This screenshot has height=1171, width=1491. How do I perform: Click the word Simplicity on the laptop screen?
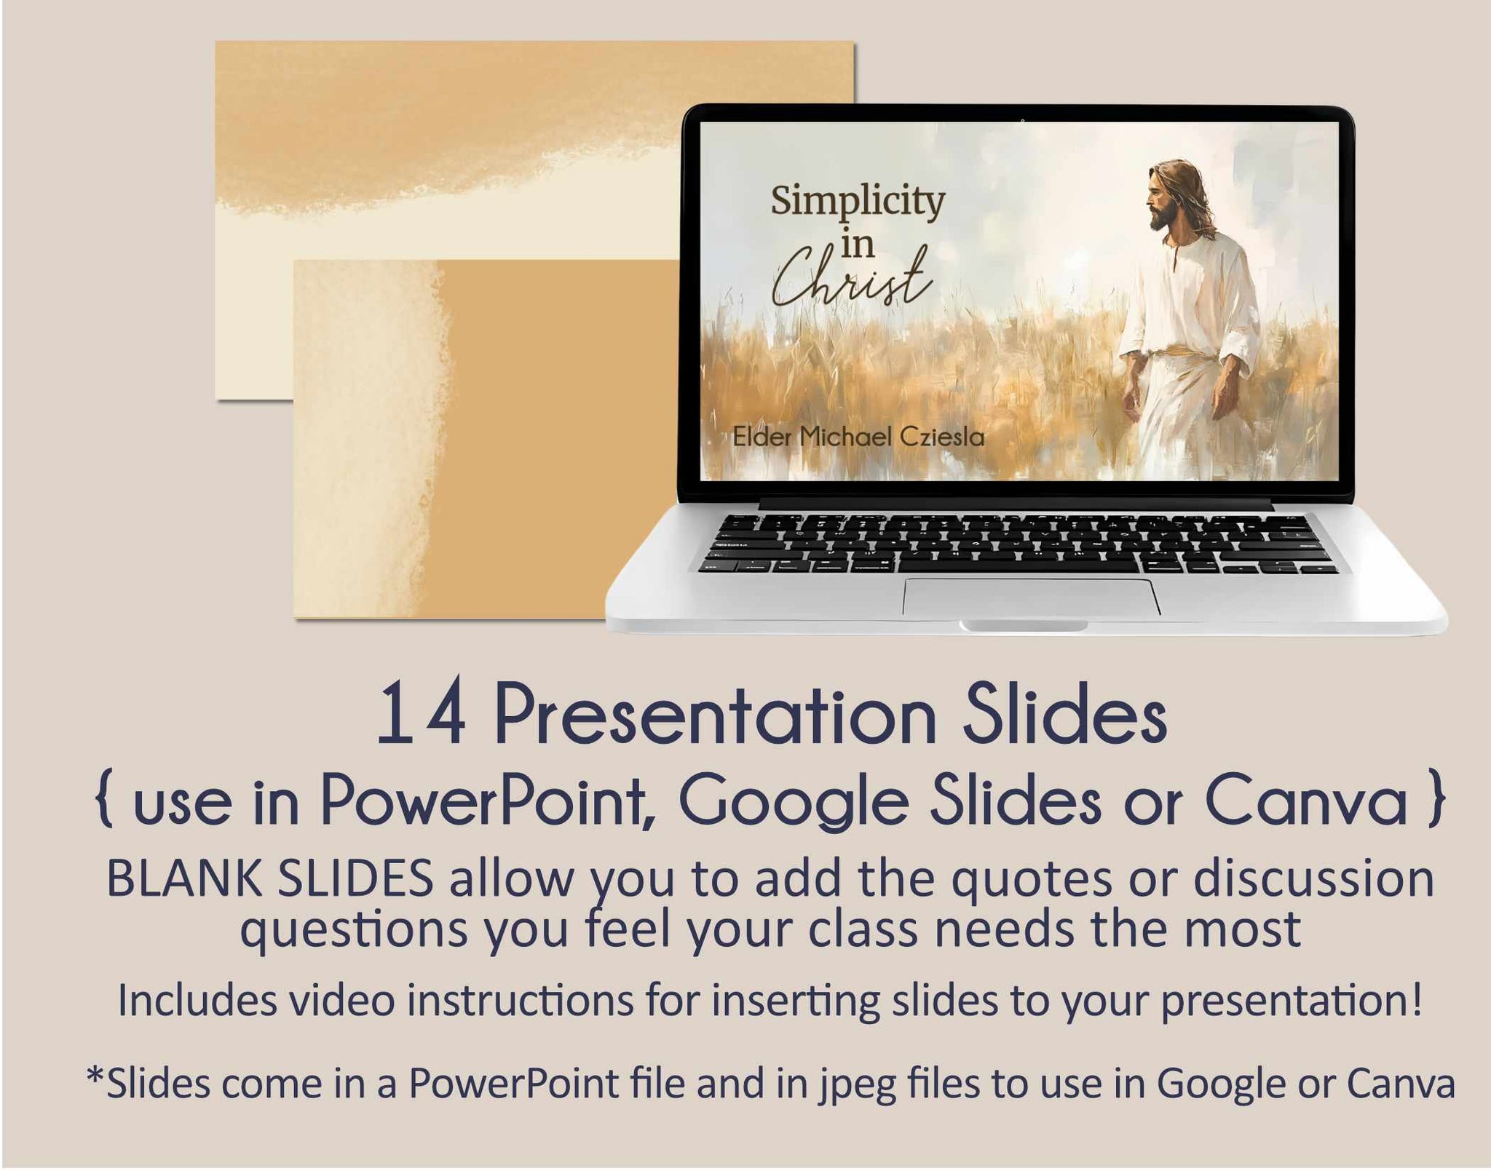[x=858, y=202]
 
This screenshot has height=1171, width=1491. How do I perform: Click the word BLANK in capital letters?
[x=185, y=878]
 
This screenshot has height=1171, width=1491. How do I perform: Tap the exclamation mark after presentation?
[x=1415, y=1000]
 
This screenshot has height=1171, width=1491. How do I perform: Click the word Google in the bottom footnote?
[x=1220, y=1085]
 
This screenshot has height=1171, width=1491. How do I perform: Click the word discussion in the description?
[x=1313, y=878]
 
